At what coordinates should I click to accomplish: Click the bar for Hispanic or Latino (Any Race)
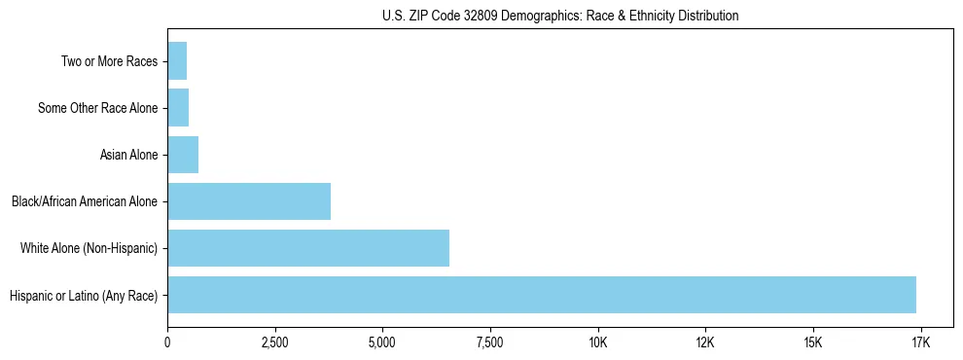coord(542,295)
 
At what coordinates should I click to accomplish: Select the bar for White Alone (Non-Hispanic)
coord(308,248)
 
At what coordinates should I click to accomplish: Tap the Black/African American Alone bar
coord(249,201)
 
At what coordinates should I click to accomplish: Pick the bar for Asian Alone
coord(183,155)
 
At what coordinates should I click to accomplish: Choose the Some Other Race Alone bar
coord(178,108)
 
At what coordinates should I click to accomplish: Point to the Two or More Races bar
coord(177,61)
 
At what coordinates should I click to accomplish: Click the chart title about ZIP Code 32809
coord(560,16)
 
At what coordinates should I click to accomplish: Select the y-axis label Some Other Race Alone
coord(97,108)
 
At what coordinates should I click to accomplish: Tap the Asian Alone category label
coord(128,155)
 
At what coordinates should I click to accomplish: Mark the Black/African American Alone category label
coord(85,201)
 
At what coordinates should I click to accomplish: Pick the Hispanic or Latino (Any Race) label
coord(84,295)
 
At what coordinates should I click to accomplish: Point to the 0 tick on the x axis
coord(167,342)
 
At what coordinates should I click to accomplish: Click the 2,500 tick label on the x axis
coord(275,342)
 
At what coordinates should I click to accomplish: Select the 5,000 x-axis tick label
coord(382,342)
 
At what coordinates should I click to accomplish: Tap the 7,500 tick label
coord(490,342)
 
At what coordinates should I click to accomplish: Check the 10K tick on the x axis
coord(597,342)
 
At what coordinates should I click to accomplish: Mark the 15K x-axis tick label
coord(813,342)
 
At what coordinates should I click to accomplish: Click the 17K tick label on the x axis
coord(920,342)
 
